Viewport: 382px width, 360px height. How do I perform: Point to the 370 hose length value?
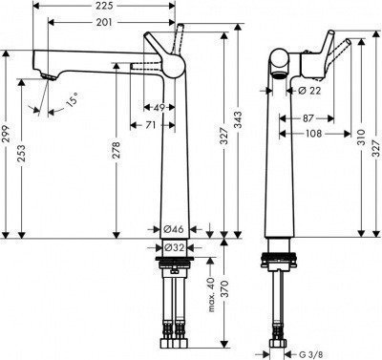tap(224, 296)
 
